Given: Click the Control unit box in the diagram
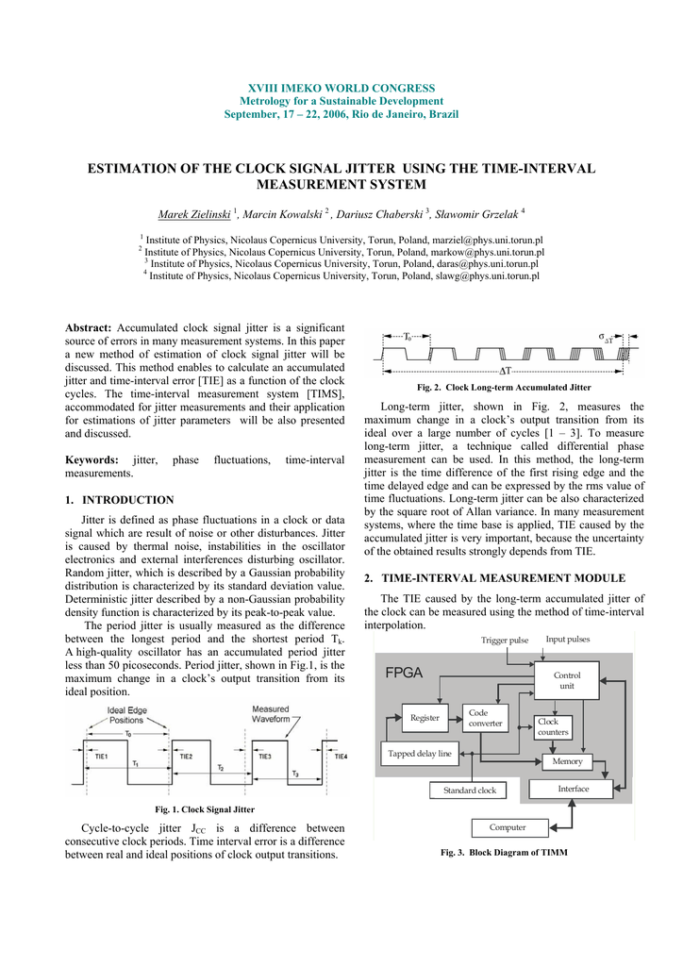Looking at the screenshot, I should pos(567,680).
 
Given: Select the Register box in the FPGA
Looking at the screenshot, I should pos(425,718).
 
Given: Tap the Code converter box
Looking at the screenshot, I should pos(485,719).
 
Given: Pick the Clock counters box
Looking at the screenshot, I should pos(553,726).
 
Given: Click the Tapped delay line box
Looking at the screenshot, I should pos(419,754).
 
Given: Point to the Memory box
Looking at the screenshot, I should pos(567,761).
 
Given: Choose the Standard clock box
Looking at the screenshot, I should pos(469,791).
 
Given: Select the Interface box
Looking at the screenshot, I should pos(573,789).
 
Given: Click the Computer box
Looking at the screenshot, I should pos(507,827).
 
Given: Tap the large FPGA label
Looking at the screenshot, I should pos(404,673).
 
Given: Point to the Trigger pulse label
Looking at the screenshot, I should pos(505,641).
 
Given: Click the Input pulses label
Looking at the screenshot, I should pos(567,640).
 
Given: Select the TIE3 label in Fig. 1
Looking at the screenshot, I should pos(263,757).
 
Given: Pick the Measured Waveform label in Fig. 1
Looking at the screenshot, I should pos(270,715).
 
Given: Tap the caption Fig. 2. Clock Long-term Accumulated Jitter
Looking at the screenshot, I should pos(504,388).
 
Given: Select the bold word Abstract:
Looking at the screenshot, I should pos(88,327).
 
